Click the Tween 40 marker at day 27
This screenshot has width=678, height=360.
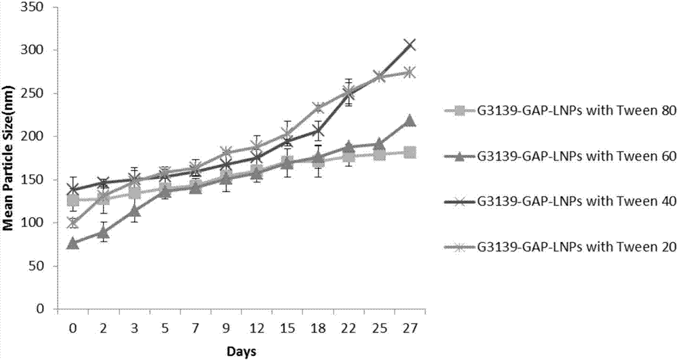click(x=410, y=45)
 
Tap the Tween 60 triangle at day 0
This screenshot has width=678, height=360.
click(x=73, y=243)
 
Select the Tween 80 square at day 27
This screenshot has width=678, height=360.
click(x=410, y=153)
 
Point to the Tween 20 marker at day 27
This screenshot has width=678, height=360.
click(x=410, y=73)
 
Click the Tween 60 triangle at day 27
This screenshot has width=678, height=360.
click(x=410, y=121)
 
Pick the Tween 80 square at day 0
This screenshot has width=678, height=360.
click(x=73, y=201)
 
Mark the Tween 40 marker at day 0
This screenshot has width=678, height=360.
click(x=73, y=188)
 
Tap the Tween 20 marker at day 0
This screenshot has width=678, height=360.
click(x=73, y=222)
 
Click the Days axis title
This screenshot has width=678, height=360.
click(x=241, y=352)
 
